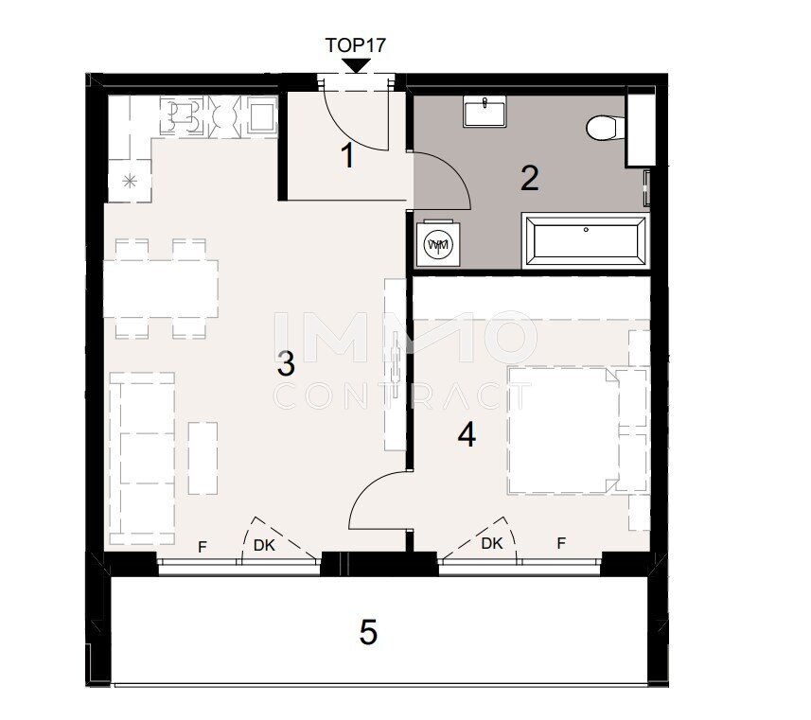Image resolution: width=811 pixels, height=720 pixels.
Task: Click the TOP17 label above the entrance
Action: click(x=355, y=45)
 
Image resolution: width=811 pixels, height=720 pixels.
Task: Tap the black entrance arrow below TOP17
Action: click(x=356, y=65)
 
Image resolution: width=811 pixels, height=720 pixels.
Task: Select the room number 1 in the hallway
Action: click(x=348, y=155)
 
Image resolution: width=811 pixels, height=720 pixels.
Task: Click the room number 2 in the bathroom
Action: click(x=530, y=179)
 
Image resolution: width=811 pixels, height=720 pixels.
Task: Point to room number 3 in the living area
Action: click(x=286, y=363)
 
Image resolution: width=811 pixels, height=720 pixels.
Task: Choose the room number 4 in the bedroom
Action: click(x=467, y=434)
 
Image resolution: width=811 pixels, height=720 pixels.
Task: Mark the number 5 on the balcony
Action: click(x=368, y=632)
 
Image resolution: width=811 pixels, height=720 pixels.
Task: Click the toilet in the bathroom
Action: click(x=606, y=127)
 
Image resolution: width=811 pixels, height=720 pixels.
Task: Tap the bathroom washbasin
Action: click(x=485, y=112)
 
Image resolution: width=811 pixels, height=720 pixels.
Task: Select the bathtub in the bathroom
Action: click(x=585, y=241)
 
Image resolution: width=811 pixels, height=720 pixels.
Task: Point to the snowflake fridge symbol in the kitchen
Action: click(x=130, y=181)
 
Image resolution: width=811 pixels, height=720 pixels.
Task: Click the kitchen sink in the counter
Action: click(x=262, y=114)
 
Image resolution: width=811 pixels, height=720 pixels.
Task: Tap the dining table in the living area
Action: click(x=161, y=289)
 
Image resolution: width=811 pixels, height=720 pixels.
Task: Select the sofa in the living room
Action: click(x=142, y=458)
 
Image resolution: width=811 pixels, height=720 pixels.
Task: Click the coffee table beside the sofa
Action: click(x=203, y=458)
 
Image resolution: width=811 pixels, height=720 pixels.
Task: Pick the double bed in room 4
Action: click(x=563, y=430)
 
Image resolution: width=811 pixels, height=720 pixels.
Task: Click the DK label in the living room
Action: click(x=264, y=545)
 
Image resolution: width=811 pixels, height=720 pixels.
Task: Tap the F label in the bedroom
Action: click(x=561, y=543)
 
